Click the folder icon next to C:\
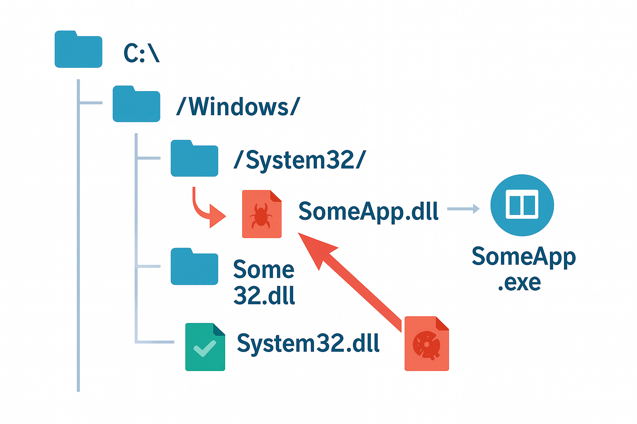(x=78, y=50)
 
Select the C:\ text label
(x=141, y=53)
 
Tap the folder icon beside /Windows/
(x=136, y=104)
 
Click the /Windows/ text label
(x=238, y=107)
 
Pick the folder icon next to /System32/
(x=195, y=159)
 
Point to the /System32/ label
(x=299, y=160)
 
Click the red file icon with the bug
(x=262, y=214)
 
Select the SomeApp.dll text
(x=368, y=212)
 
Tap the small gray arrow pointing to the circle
(x=463, y=209)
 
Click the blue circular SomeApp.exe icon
(x=522, y=205)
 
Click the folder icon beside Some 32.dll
(x=195, y=267)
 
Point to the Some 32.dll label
(x=264, y=282)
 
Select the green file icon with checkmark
(x=205, y=347)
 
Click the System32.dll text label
(x=308, y=343)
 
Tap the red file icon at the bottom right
(x=427, y=344)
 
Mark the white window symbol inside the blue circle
(x=522, y=205)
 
